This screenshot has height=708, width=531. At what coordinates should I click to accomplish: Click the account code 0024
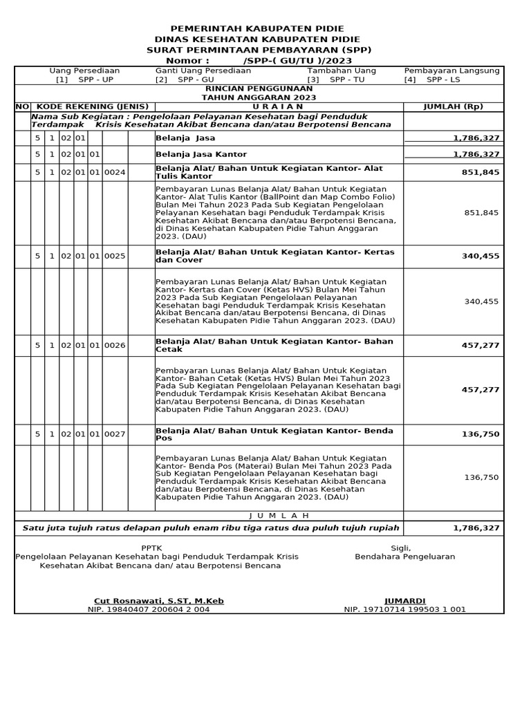(x=115, y=172)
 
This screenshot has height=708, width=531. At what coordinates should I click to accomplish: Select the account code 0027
(x=115, y=434)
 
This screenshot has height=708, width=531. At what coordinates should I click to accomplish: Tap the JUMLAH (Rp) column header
(x=453, y=106)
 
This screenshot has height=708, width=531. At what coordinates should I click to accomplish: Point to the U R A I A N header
(x=278, y=106)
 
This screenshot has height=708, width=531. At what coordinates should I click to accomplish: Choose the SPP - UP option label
(x=95, y=80)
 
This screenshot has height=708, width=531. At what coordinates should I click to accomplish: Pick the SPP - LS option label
(x=443, y=80)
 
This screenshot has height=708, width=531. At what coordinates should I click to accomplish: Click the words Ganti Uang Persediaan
(x=203, y=71)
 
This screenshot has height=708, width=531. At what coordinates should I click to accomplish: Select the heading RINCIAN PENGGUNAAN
(x=259, y=89)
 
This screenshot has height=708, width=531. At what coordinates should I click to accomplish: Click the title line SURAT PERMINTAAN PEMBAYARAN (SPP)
(x=259, y=50)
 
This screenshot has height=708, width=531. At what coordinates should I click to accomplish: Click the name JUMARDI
(x=404, y=601)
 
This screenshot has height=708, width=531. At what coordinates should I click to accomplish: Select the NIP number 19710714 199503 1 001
(x=404, y=609)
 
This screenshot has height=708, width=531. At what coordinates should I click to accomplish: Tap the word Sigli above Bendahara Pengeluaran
(x=400, y=548)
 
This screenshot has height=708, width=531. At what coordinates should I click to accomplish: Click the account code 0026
(x=115, y=345)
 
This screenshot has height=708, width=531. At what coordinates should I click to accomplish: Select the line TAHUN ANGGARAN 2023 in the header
(x=259, y=97)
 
